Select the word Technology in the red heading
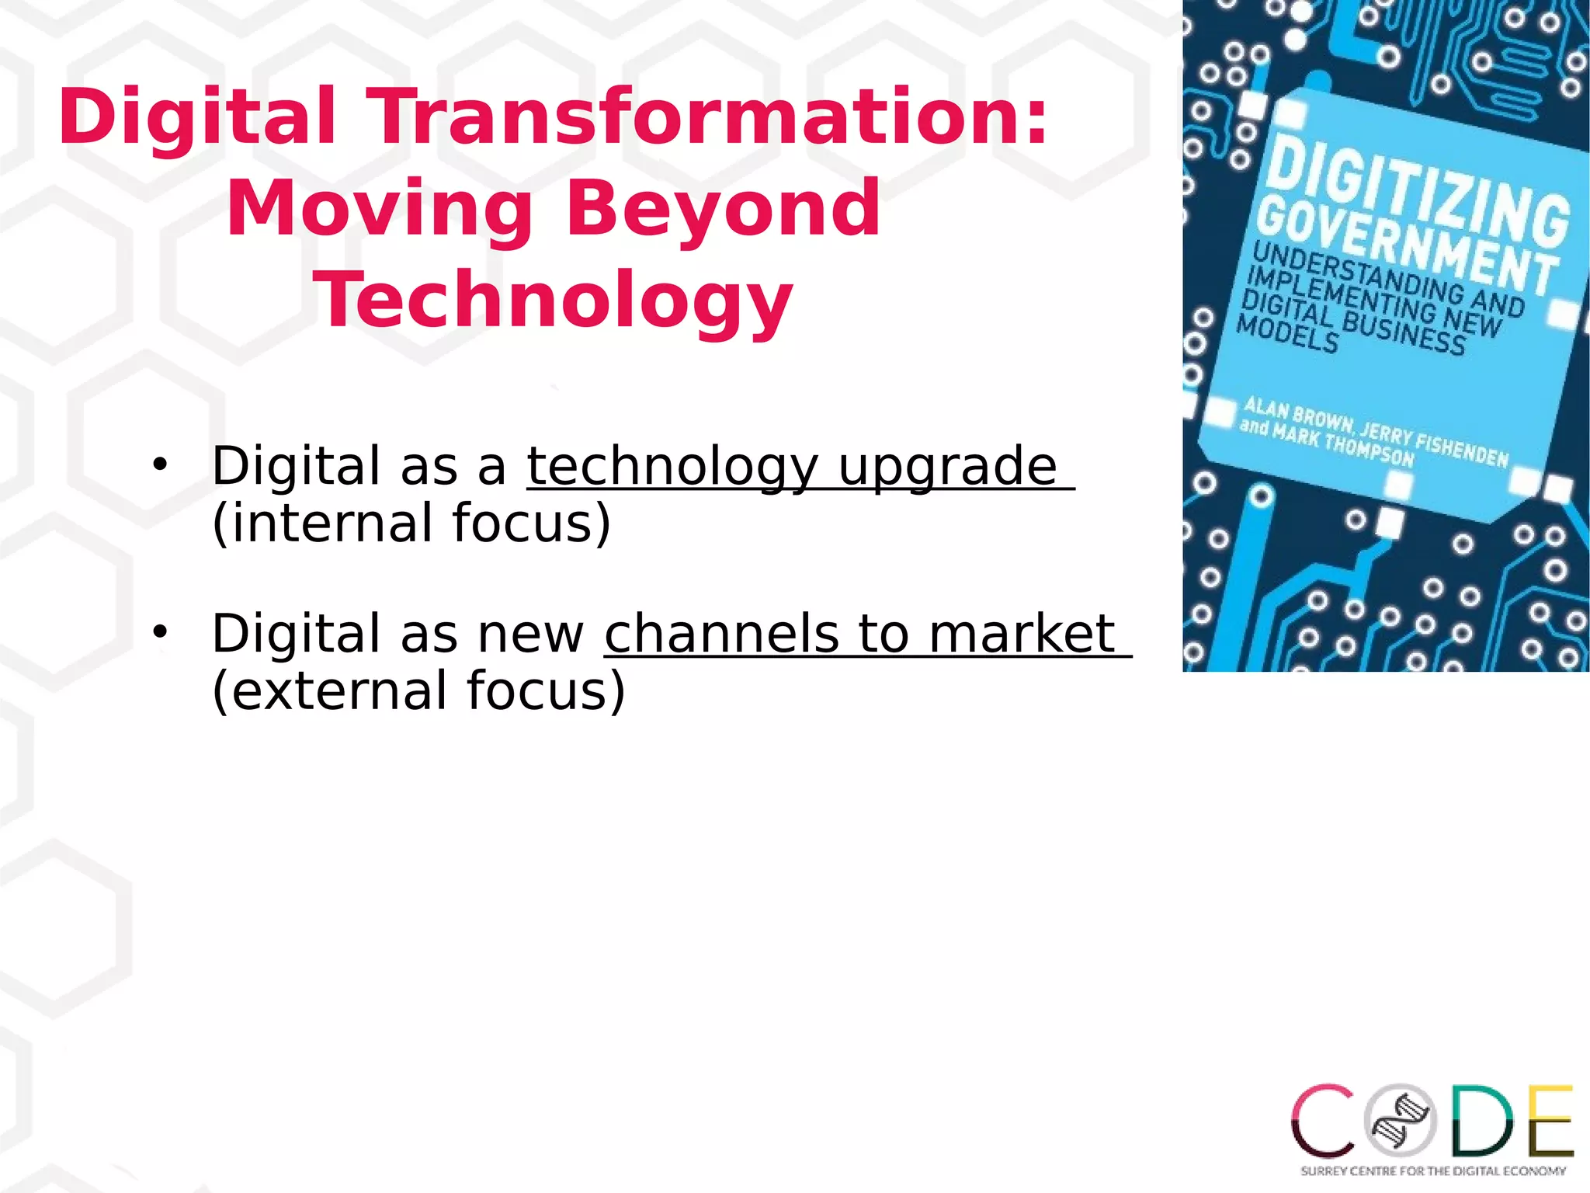(x=553, y=301)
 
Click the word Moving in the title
(x=379, y=210)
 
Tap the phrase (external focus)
(x=418, y=690)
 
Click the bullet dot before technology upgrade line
(x=160, y=465)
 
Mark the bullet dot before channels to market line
(x=160, y=630)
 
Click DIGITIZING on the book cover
(x=1418, y=194)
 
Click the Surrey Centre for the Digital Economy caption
(x=1433, y=1170)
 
